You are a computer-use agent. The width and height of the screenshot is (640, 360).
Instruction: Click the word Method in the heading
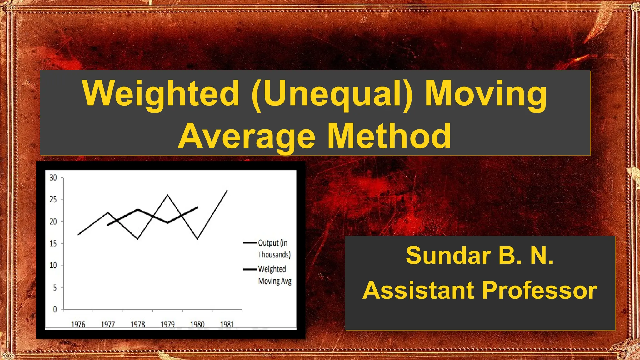coord(389,136)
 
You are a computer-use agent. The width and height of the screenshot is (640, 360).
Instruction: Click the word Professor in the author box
coord(540,290)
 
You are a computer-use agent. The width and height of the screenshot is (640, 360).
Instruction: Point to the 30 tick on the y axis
coord(53,178)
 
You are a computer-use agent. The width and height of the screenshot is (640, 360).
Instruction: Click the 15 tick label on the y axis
coord(53,243)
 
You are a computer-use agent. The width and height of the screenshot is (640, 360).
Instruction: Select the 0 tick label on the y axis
coord(55,309)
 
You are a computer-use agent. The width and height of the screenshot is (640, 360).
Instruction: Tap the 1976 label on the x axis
coord(78,324)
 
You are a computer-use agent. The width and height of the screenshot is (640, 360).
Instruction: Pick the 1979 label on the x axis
coord(167,324)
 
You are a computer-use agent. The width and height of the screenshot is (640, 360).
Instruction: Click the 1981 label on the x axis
coord(227,324)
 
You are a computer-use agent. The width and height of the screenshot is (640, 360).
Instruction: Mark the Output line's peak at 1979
coord(167,195)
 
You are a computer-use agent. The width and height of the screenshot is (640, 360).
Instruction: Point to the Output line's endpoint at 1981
coord(227,191)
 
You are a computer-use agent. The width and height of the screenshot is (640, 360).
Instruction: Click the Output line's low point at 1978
coord(138,239)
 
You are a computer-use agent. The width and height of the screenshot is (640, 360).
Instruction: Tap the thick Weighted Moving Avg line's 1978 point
coord(138,209)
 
